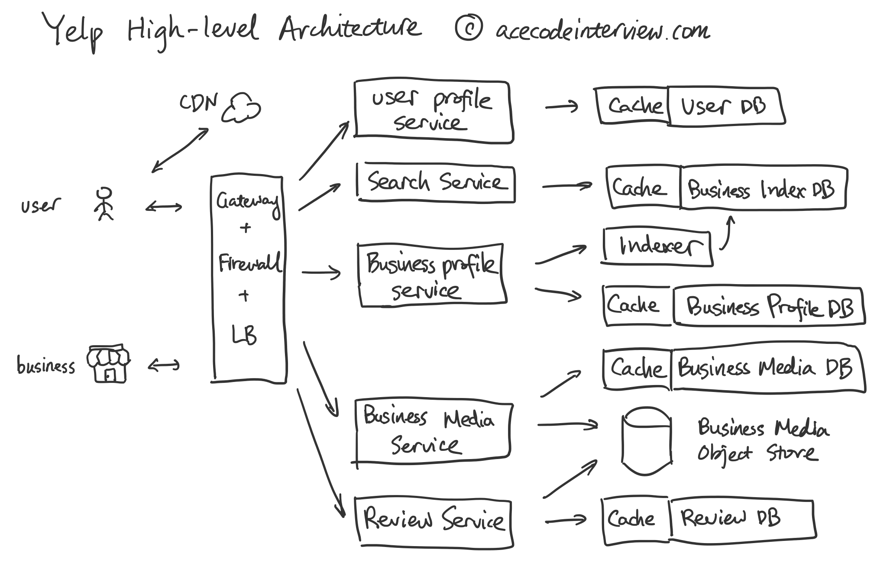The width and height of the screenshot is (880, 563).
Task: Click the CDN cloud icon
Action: tap(241, 108)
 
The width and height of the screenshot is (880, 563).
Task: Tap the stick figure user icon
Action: tap(104, 204)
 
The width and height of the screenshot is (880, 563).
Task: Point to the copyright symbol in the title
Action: tap(468, 28)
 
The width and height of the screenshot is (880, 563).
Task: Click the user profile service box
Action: tap(433, 111)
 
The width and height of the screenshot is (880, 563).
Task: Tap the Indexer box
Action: tap(657, 247)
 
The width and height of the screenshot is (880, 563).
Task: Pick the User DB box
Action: tap(725, 107)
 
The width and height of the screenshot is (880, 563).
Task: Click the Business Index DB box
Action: tap(762, 188)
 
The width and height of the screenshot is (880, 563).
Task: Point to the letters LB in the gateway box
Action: tap(245, 335)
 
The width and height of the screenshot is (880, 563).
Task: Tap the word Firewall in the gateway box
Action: tap(249, 263)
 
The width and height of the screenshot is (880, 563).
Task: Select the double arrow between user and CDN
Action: tap(180, 150)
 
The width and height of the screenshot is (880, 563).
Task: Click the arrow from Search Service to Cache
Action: tap(566, 186)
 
